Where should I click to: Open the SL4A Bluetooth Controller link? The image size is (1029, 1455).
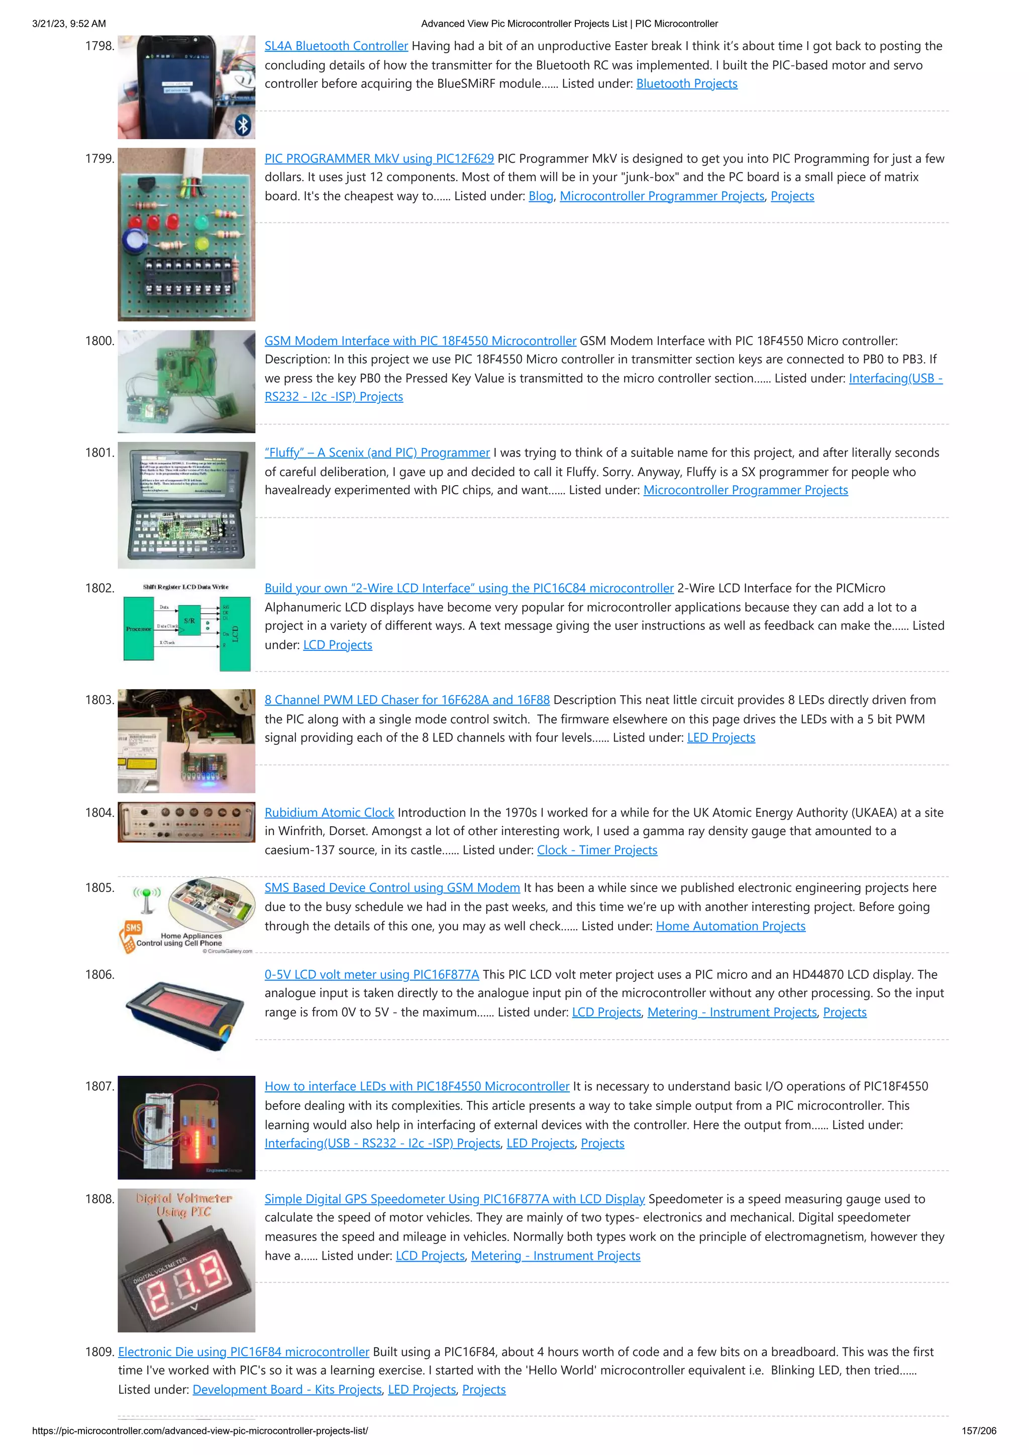(x=336, y=46)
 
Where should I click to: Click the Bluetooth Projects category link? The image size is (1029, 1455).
(x=687, y=84)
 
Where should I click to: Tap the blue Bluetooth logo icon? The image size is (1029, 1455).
(x=243, y=125)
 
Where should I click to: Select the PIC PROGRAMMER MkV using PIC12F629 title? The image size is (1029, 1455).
(x=379, y=158)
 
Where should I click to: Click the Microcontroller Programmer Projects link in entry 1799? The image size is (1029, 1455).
(x=662, y=196)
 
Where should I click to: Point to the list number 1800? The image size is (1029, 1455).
(x=99, y=341)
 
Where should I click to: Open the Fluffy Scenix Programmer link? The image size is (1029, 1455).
(x=377, y=453)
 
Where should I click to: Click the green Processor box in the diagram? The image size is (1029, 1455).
(x=138, y=629)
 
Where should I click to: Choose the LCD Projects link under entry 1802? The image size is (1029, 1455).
(x=337, y=645)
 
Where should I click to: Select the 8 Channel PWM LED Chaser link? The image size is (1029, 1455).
(x=407, y=700)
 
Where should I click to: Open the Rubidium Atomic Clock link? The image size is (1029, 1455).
(x=329, y=813)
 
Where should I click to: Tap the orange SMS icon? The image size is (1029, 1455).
(x=133, y=928)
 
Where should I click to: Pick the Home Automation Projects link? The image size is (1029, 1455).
(x=731, y=927)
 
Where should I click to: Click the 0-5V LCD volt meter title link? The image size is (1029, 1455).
(x=371, y=975)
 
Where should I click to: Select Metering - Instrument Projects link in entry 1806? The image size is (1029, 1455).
(x=732, y=1013)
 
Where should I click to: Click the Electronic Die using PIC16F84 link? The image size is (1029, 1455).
(x=244, y=1352)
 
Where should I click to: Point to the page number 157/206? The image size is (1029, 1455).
(x=978, y=1431)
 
